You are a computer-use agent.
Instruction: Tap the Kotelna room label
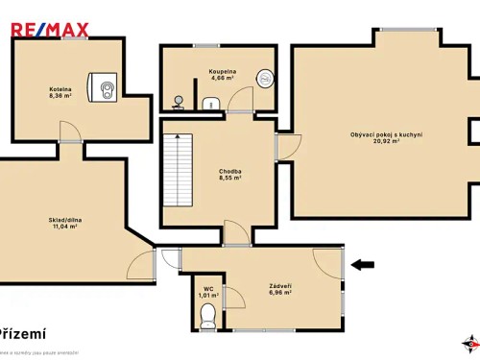(61, 89)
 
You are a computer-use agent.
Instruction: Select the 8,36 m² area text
(61, 96)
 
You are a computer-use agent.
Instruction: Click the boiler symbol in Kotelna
(105, 89)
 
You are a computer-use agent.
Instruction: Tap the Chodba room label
(229, 171)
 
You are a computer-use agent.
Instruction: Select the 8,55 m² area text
(229, 178)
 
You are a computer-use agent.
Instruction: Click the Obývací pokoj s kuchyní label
(387, 134)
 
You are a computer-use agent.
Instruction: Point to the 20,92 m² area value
(387, 142)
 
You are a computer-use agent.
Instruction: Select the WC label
(207, 289)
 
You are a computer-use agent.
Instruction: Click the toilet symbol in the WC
(207, 320)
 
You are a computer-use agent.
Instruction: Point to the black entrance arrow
(363, 264)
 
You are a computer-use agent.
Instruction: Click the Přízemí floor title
(23, 333)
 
